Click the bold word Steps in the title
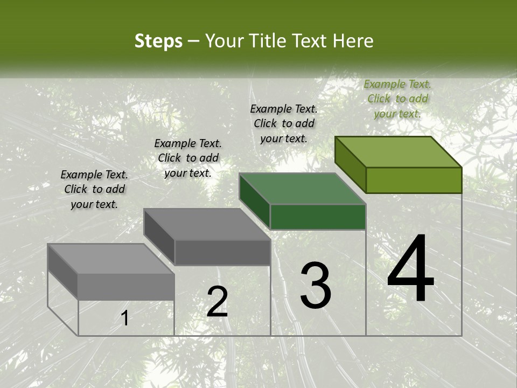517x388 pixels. click(x=158, y=41)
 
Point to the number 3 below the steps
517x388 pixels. click(x=316, y=286)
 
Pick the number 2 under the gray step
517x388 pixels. click(x=217, y=302)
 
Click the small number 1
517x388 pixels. click(x=124, y=318)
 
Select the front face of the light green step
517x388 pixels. click(x=414, y=180)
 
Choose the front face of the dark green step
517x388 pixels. click(x=318, y=217)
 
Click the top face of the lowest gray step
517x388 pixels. click(x=111, y=259)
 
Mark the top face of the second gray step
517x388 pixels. click(x=207, y=224)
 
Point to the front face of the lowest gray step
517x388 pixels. click(x=126, y=286)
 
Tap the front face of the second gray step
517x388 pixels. click(x=222, y=252)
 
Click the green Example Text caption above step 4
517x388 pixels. click(x=397, y=99)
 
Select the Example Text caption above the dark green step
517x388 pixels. click(x=284, y=123)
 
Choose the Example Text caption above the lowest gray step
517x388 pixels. click(x=94, y=189)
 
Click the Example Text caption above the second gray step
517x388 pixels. click(x=188, y=158)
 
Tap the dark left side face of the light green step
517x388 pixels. click(x=350, y=164)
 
